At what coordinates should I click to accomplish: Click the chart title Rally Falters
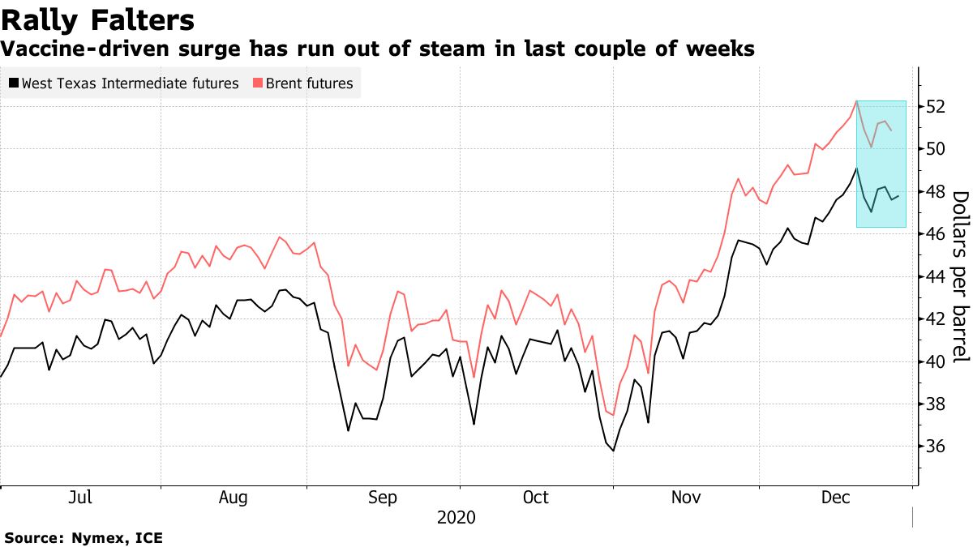tap(97, 19)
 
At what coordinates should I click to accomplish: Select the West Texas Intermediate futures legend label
tap(130, 83)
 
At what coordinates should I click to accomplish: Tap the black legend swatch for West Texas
tap(13, 83)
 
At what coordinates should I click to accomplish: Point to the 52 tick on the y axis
tap(935, 107)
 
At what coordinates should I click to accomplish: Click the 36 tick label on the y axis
tap(935, 447)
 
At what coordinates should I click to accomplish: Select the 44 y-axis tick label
tap(935, 276)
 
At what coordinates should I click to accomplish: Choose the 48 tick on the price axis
tap(935, 192)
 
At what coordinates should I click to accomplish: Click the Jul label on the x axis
tap(79, 497)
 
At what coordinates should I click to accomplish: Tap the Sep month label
tap(382, 497)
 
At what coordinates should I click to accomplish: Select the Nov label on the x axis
tap(686, 497)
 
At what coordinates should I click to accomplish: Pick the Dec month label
tap(835, 497)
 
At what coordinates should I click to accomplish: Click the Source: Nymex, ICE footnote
tap(84, 537)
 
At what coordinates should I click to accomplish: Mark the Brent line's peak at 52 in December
tap(856, 101)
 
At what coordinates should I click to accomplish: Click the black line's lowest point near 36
tap(613, 451)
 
